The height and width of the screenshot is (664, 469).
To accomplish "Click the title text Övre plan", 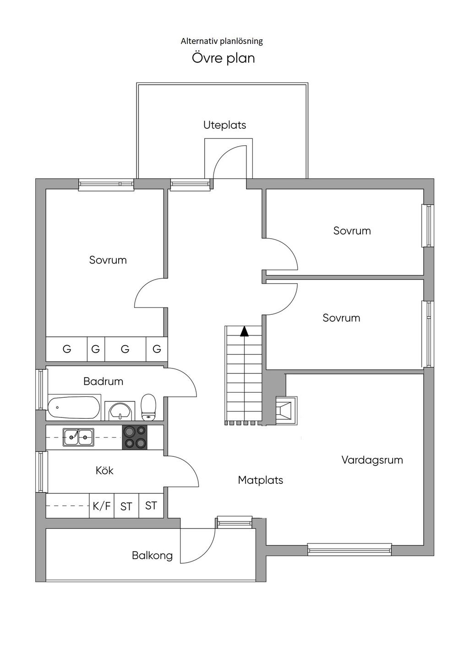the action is (x=223, y=58).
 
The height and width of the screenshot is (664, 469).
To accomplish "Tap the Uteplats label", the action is (x=224, y=125).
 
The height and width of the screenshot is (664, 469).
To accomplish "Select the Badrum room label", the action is (x=103, y=381).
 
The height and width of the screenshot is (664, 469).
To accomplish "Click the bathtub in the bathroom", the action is (x=74, y=407).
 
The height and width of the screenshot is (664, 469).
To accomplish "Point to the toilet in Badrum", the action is (x=148, y=407).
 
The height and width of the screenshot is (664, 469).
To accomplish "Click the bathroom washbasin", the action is (x=120, y=411).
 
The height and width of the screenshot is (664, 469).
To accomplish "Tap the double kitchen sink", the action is (x=78, y=437).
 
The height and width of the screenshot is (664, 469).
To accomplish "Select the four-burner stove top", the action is (x=135, y=438).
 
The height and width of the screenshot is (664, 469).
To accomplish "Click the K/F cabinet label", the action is (x=102, y=506).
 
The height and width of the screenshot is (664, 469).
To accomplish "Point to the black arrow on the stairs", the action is (x=244, y=331).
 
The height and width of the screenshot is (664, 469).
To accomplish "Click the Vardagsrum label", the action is (x=372, y=460).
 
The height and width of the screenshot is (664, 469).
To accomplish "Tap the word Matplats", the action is (x=261, y=480).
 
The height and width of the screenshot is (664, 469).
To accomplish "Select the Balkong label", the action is (x=152, y=555).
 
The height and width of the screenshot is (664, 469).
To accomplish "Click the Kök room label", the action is (x=104, y=471).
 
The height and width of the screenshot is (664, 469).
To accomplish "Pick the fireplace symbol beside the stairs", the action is (x=286, y=410).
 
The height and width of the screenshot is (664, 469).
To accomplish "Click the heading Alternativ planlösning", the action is (x=222, y=41).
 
